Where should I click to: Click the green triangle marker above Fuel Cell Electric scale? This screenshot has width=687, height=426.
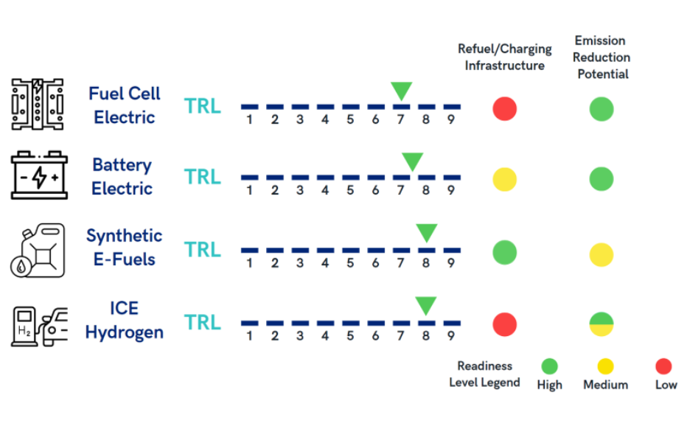coord(401,91)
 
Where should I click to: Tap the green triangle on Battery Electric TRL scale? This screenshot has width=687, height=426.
coord(412,161)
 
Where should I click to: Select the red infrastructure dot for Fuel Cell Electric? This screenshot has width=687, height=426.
coord(505,108)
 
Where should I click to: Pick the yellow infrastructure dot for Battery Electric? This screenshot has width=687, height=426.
coord(505,179)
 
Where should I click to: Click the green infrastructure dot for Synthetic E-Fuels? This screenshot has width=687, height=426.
coord(505,253)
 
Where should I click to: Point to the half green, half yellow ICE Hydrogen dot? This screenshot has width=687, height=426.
coord(601,324)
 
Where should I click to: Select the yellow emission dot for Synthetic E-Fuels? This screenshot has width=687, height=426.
coord(601,254)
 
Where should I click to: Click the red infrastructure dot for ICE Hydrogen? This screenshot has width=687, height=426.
coord(505,324)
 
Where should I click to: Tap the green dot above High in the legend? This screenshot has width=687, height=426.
coord(549,366)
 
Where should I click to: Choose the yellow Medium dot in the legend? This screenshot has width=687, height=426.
coord(605,366)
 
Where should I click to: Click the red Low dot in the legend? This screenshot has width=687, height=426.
coord(663,366)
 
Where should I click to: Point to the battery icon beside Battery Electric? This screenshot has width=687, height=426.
coord(39,175)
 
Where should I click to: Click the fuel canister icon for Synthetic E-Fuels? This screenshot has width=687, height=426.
coord(38,251)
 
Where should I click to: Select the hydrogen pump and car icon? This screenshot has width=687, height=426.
coord(39,327)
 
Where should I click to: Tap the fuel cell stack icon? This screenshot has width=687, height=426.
coord(38,105)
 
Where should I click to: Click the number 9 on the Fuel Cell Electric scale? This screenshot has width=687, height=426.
coord(451,119)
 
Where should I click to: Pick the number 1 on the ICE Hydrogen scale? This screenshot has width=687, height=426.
coord(249,336)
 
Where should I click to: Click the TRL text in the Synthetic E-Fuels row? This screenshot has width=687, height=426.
coord(203,250)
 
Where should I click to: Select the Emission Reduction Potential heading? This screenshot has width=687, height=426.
coord(601,57)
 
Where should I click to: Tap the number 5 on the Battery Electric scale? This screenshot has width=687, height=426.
coord(350,190)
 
